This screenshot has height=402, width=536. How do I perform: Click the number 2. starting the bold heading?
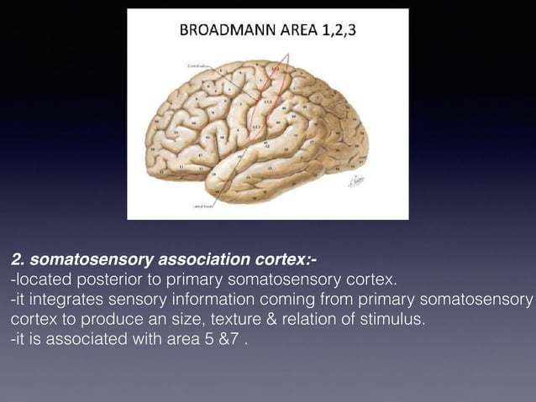tap(18, 258)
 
